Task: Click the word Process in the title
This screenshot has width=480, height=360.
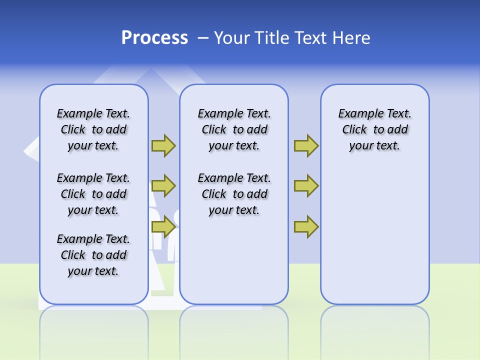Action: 154,38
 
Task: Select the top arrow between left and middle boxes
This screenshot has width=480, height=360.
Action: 163,145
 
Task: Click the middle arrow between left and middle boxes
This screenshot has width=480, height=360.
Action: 163,186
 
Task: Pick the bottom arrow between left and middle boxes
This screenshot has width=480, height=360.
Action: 163,227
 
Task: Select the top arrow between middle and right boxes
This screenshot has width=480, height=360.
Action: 306,145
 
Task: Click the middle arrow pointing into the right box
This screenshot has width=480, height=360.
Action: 306,186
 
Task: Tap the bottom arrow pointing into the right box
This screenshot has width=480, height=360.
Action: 306,227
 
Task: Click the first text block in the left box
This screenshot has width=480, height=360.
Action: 93,129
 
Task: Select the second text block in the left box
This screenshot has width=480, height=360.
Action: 93,194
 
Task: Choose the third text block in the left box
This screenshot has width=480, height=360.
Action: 93,255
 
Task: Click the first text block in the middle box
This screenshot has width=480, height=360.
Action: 234,129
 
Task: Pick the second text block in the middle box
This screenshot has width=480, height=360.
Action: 234,194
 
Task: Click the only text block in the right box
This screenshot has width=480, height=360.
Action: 374,129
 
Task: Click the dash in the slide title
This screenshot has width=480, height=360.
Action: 203,38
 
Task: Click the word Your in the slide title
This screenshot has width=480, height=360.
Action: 230,38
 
